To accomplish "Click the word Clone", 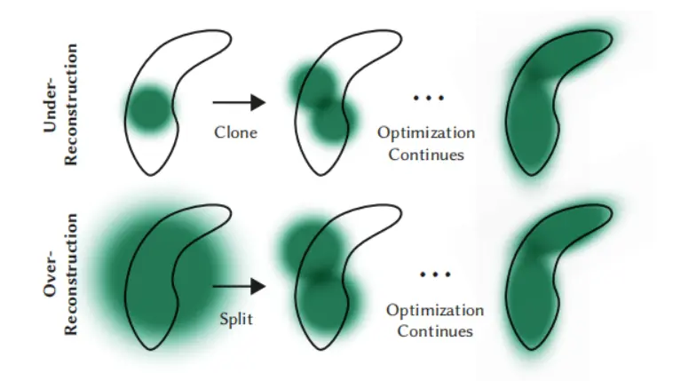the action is [x=235, y=132].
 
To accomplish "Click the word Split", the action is [x=236, y=319].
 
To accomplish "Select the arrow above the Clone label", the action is [x=239, y=102].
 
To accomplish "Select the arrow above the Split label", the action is [x=239, y=287].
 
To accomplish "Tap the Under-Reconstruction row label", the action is [x=60, y=104].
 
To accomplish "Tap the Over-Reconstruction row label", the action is [x=60, y=274].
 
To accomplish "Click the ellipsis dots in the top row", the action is [x=428, y=99].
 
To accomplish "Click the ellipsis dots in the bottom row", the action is [x=435, y=274].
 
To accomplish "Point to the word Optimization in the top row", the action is [x=426, y=132].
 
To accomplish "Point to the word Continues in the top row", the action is [x=426, y=155].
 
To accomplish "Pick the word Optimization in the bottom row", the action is [x=435, y=310].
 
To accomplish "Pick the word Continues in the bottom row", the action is [x=435, y=331].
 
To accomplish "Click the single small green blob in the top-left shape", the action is [x=149, y=109].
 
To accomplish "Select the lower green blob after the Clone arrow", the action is [x=334, y=120].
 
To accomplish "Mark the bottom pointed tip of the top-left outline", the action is [x=151, y=175].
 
